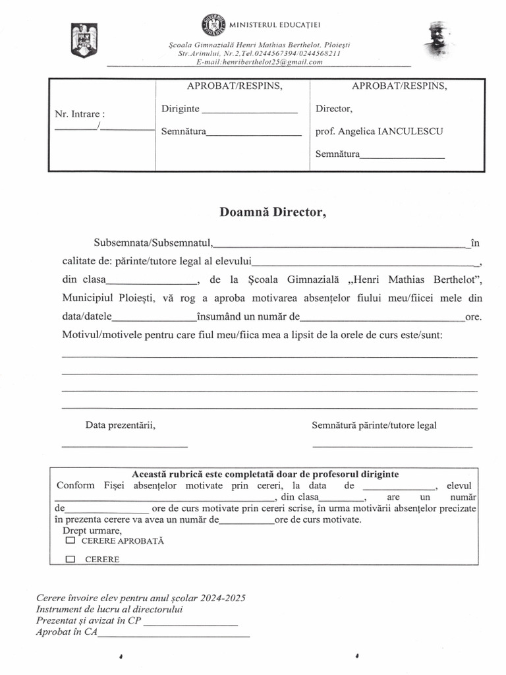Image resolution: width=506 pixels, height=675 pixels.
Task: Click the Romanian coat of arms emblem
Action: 84,41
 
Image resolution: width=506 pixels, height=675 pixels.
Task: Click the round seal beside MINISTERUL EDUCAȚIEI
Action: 213,24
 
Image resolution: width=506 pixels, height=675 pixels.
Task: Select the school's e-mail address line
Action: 259,62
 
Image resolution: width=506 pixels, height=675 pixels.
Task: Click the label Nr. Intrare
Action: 80,114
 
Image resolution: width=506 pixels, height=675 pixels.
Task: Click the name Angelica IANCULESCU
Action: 391,131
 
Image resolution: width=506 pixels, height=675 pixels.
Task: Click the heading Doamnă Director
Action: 272,212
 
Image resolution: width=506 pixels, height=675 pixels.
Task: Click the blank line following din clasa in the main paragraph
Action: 152,281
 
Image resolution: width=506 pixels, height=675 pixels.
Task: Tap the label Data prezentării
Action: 120,425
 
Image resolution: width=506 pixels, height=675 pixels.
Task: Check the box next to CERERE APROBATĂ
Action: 70,541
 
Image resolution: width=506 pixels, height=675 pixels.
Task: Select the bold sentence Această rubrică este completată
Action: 265,475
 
